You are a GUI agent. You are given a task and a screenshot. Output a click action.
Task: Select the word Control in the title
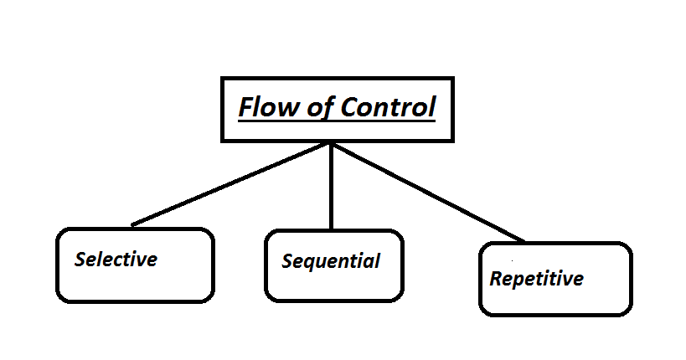[385, 108]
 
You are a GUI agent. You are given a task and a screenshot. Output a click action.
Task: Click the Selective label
[116, 260]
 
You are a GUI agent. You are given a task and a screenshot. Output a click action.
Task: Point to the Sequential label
[331, 261]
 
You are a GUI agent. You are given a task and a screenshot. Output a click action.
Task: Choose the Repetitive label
[536, 279]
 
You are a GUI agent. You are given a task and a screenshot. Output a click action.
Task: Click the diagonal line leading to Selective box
[230, 185]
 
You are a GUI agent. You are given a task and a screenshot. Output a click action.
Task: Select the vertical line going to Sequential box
[332, 188]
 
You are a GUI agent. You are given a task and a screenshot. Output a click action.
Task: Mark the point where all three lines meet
[332, 144]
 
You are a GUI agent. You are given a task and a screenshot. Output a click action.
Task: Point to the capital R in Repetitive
[496, 279]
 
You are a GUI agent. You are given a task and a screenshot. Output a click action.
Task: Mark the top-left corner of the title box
[222, 78]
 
